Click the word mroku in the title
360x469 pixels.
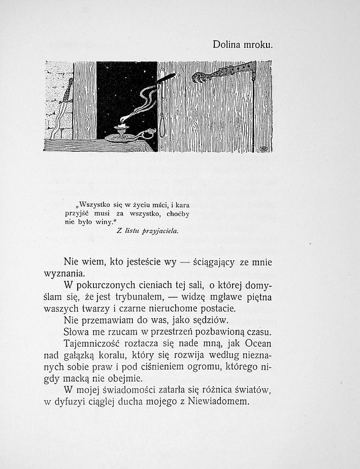coord(259,44)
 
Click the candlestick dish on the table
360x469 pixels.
coord(121,138)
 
